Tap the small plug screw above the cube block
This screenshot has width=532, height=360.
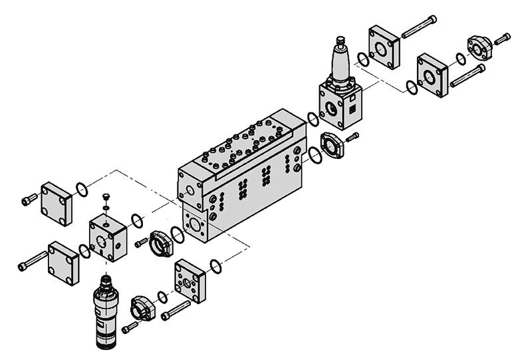pos(106,198)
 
